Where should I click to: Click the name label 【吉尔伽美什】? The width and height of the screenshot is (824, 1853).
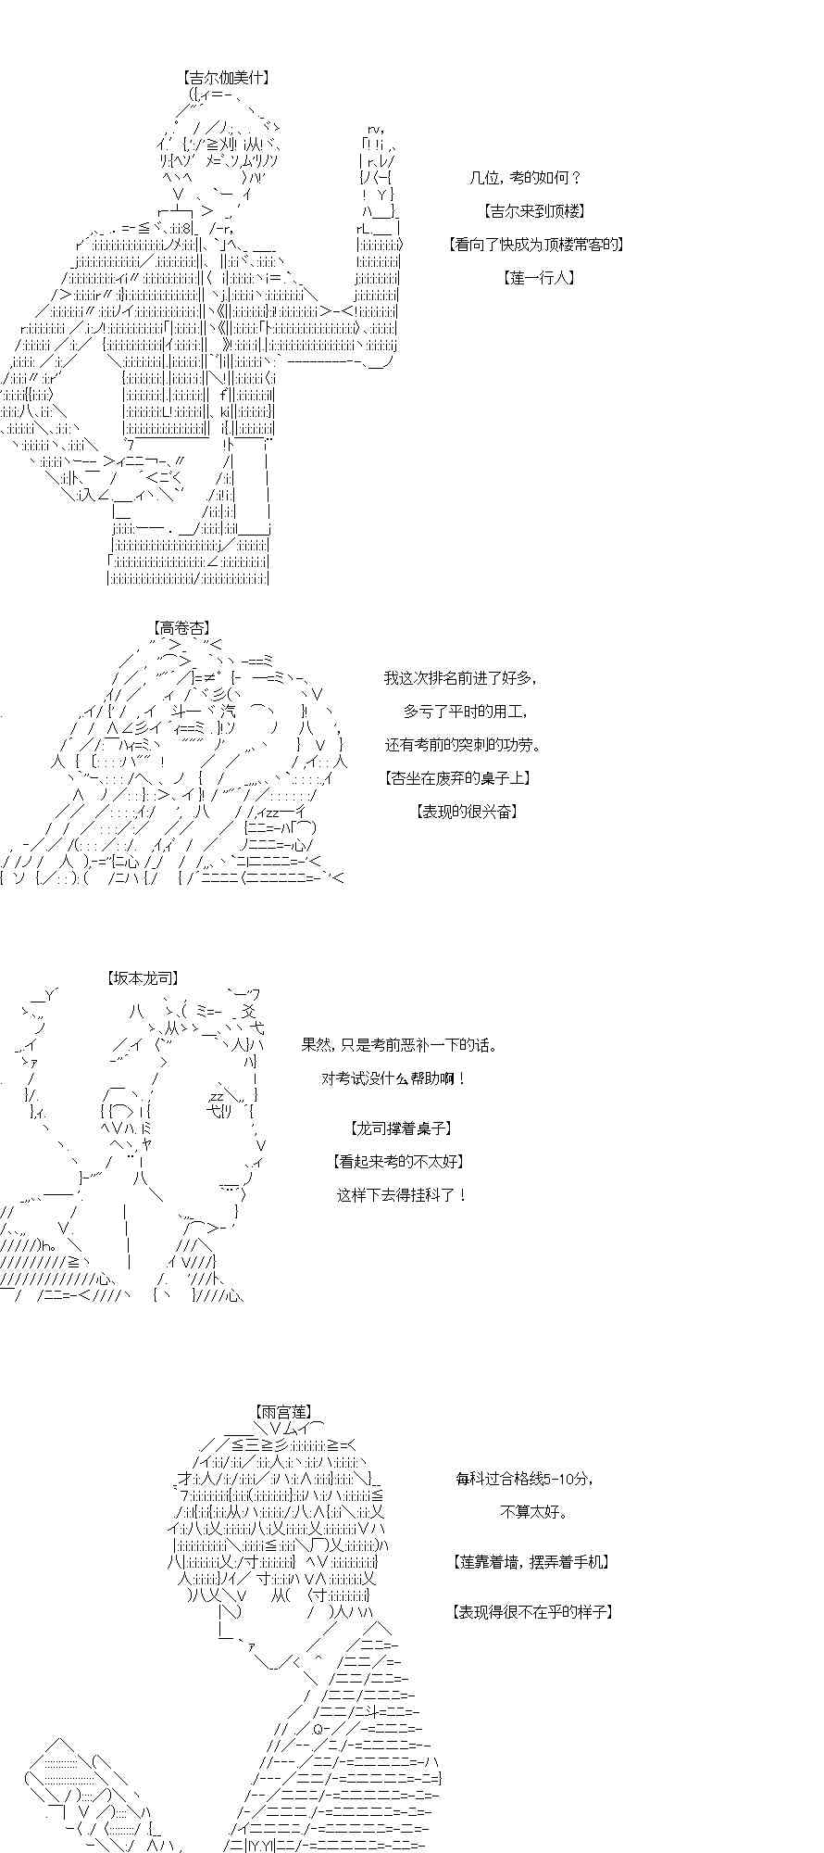click(227, 78)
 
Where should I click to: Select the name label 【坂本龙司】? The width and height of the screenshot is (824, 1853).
click(143, 977)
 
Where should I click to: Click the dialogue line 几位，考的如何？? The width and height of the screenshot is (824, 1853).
click(525, 178)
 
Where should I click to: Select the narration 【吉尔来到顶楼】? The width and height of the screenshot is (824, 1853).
click(534, 211)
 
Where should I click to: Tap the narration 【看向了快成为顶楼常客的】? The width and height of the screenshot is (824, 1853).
click(535, 245)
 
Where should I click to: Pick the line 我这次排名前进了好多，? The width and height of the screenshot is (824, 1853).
click(460, 678)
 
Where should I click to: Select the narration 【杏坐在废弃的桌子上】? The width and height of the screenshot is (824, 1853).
click(457, 778)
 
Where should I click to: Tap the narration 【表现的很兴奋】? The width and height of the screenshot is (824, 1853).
click(465, 812)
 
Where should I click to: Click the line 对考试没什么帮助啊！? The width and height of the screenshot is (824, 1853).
click(393, 1078)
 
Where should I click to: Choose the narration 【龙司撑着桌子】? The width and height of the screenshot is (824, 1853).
click(400, 1128)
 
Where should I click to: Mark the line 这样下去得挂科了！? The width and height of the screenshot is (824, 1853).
click(402, 1195)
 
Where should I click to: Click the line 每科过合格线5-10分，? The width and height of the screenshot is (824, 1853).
click(525, 1479)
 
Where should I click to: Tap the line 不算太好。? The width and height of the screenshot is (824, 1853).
click(533, 1512)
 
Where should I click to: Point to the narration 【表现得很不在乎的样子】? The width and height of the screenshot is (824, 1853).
click(532, 1612)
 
